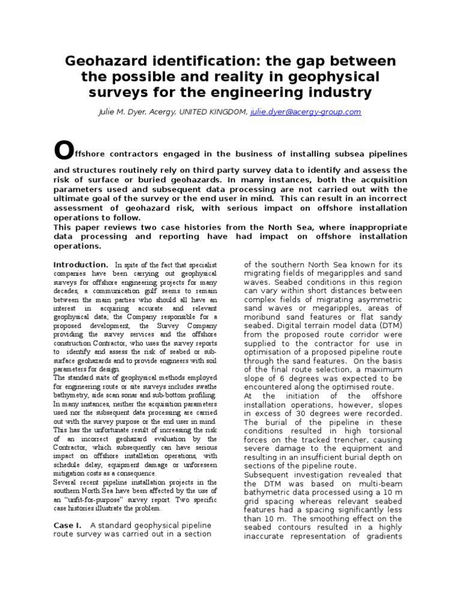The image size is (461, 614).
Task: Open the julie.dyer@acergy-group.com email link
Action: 306,112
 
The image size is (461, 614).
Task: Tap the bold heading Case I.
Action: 67,525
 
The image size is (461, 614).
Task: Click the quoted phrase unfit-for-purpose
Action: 94,499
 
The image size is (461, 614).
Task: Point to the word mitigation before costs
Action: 73,473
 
